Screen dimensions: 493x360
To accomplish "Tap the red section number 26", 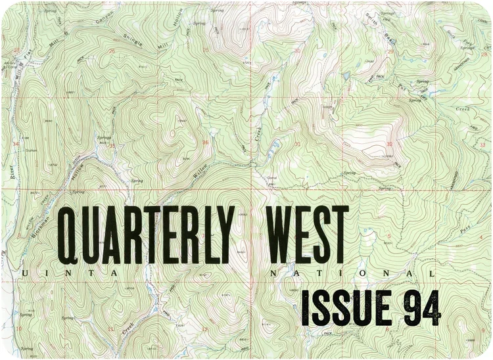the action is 112,51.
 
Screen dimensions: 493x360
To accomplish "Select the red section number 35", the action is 112,146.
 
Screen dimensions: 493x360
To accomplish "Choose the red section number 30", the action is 298,50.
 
